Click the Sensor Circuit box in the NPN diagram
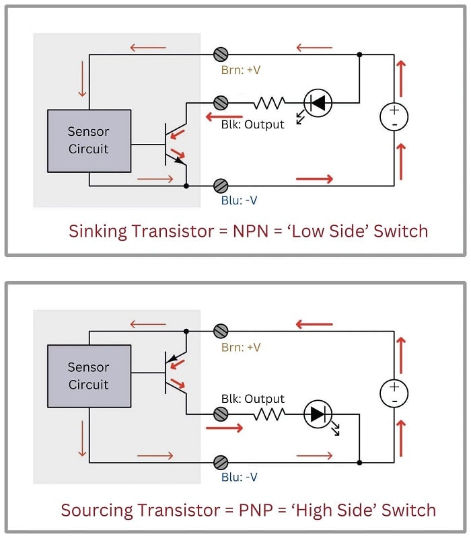89,140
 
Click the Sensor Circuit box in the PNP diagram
89,376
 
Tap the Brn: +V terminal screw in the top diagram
220,54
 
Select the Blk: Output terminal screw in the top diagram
220,102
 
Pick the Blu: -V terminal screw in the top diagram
220,185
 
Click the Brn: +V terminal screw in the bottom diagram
220,331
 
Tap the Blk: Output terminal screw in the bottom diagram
220,414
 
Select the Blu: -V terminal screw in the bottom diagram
220,462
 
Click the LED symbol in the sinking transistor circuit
317,103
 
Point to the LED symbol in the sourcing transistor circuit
317,414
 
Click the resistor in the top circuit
268,103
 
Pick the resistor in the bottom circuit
268,414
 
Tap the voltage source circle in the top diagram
394,117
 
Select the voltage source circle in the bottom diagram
394,393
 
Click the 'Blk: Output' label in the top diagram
253,124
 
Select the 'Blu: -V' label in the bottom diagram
239,477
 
